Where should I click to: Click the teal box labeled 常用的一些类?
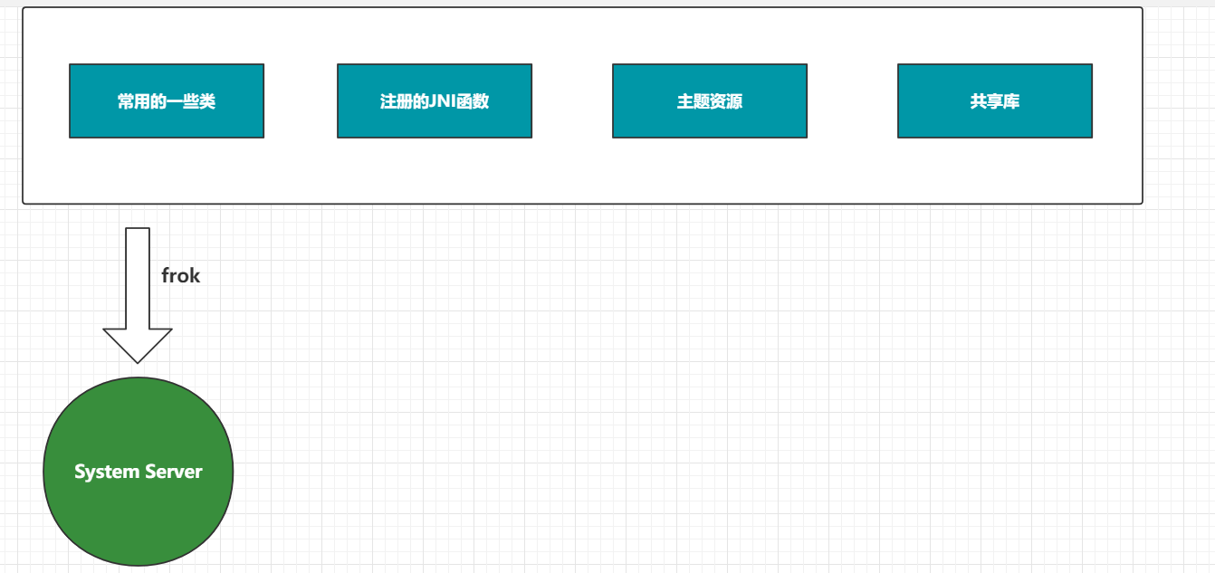(167, 100)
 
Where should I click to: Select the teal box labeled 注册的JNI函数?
(435, 100)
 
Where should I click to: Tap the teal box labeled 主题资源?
(710, 100)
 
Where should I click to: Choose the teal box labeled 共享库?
(995, 100)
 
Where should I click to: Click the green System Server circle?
(139, 472)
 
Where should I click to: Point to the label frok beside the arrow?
(181, 275)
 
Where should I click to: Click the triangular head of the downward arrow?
(138, 345)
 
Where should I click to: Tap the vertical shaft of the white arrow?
(138, 278)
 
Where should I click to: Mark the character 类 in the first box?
(207, 101)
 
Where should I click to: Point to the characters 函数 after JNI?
(473, 101)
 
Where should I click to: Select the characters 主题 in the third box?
(694, 101)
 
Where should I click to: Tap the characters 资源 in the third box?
(726, 101)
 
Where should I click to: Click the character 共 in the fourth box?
(979, 101)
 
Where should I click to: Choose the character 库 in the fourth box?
(1011, 101)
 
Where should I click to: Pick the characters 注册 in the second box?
(396, 101)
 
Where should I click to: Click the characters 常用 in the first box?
(134, 101)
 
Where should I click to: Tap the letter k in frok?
(195, 275)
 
